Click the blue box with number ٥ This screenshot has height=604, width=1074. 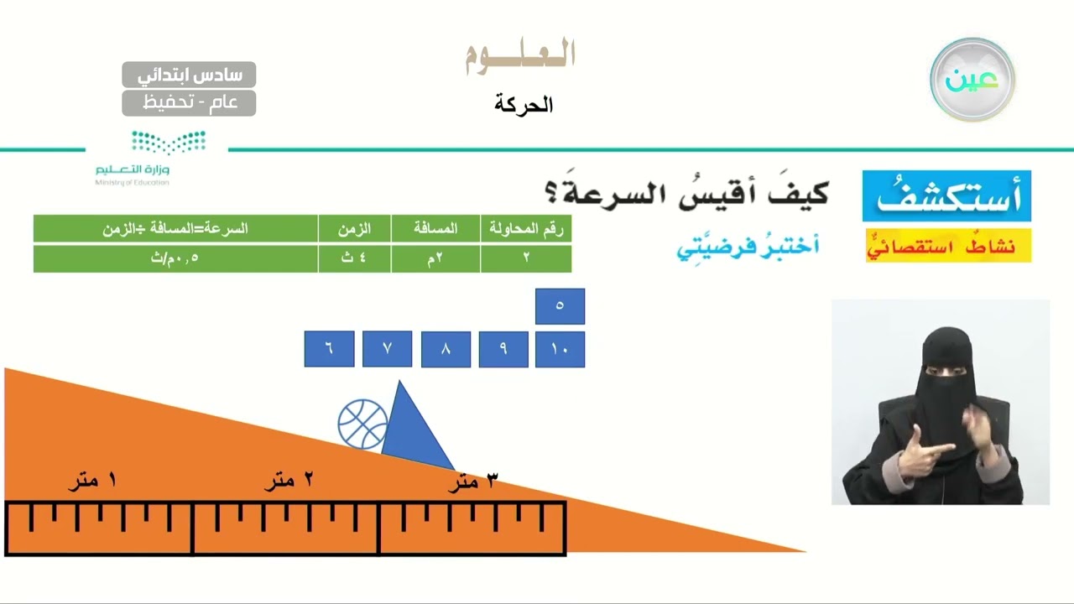560,306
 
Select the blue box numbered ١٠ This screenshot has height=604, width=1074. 560,350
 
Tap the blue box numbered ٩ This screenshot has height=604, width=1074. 503,350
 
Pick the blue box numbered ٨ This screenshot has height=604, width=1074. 446,350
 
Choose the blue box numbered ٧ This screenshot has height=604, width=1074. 387,349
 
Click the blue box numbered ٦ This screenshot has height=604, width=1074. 329,349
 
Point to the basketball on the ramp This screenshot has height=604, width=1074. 362,424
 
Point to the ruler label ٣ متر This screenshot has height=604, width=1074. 473,481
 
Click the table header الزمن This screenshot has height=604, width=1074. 354,229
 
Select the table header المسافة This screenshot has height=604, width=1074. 435,229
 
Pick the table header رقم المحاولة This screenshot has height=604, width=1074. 526,229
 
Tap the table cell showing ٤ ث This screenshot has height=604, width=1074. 354,258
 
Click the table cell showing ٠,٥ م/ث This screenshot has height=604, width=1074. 175,258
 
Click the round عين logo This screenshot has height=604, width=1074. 972,80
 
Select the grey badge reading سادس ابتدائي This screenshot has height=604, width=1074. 189,75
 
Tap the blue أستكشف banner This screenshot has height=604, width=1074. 946,196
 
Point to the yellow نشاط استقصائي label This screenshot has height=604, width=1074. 948,246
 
